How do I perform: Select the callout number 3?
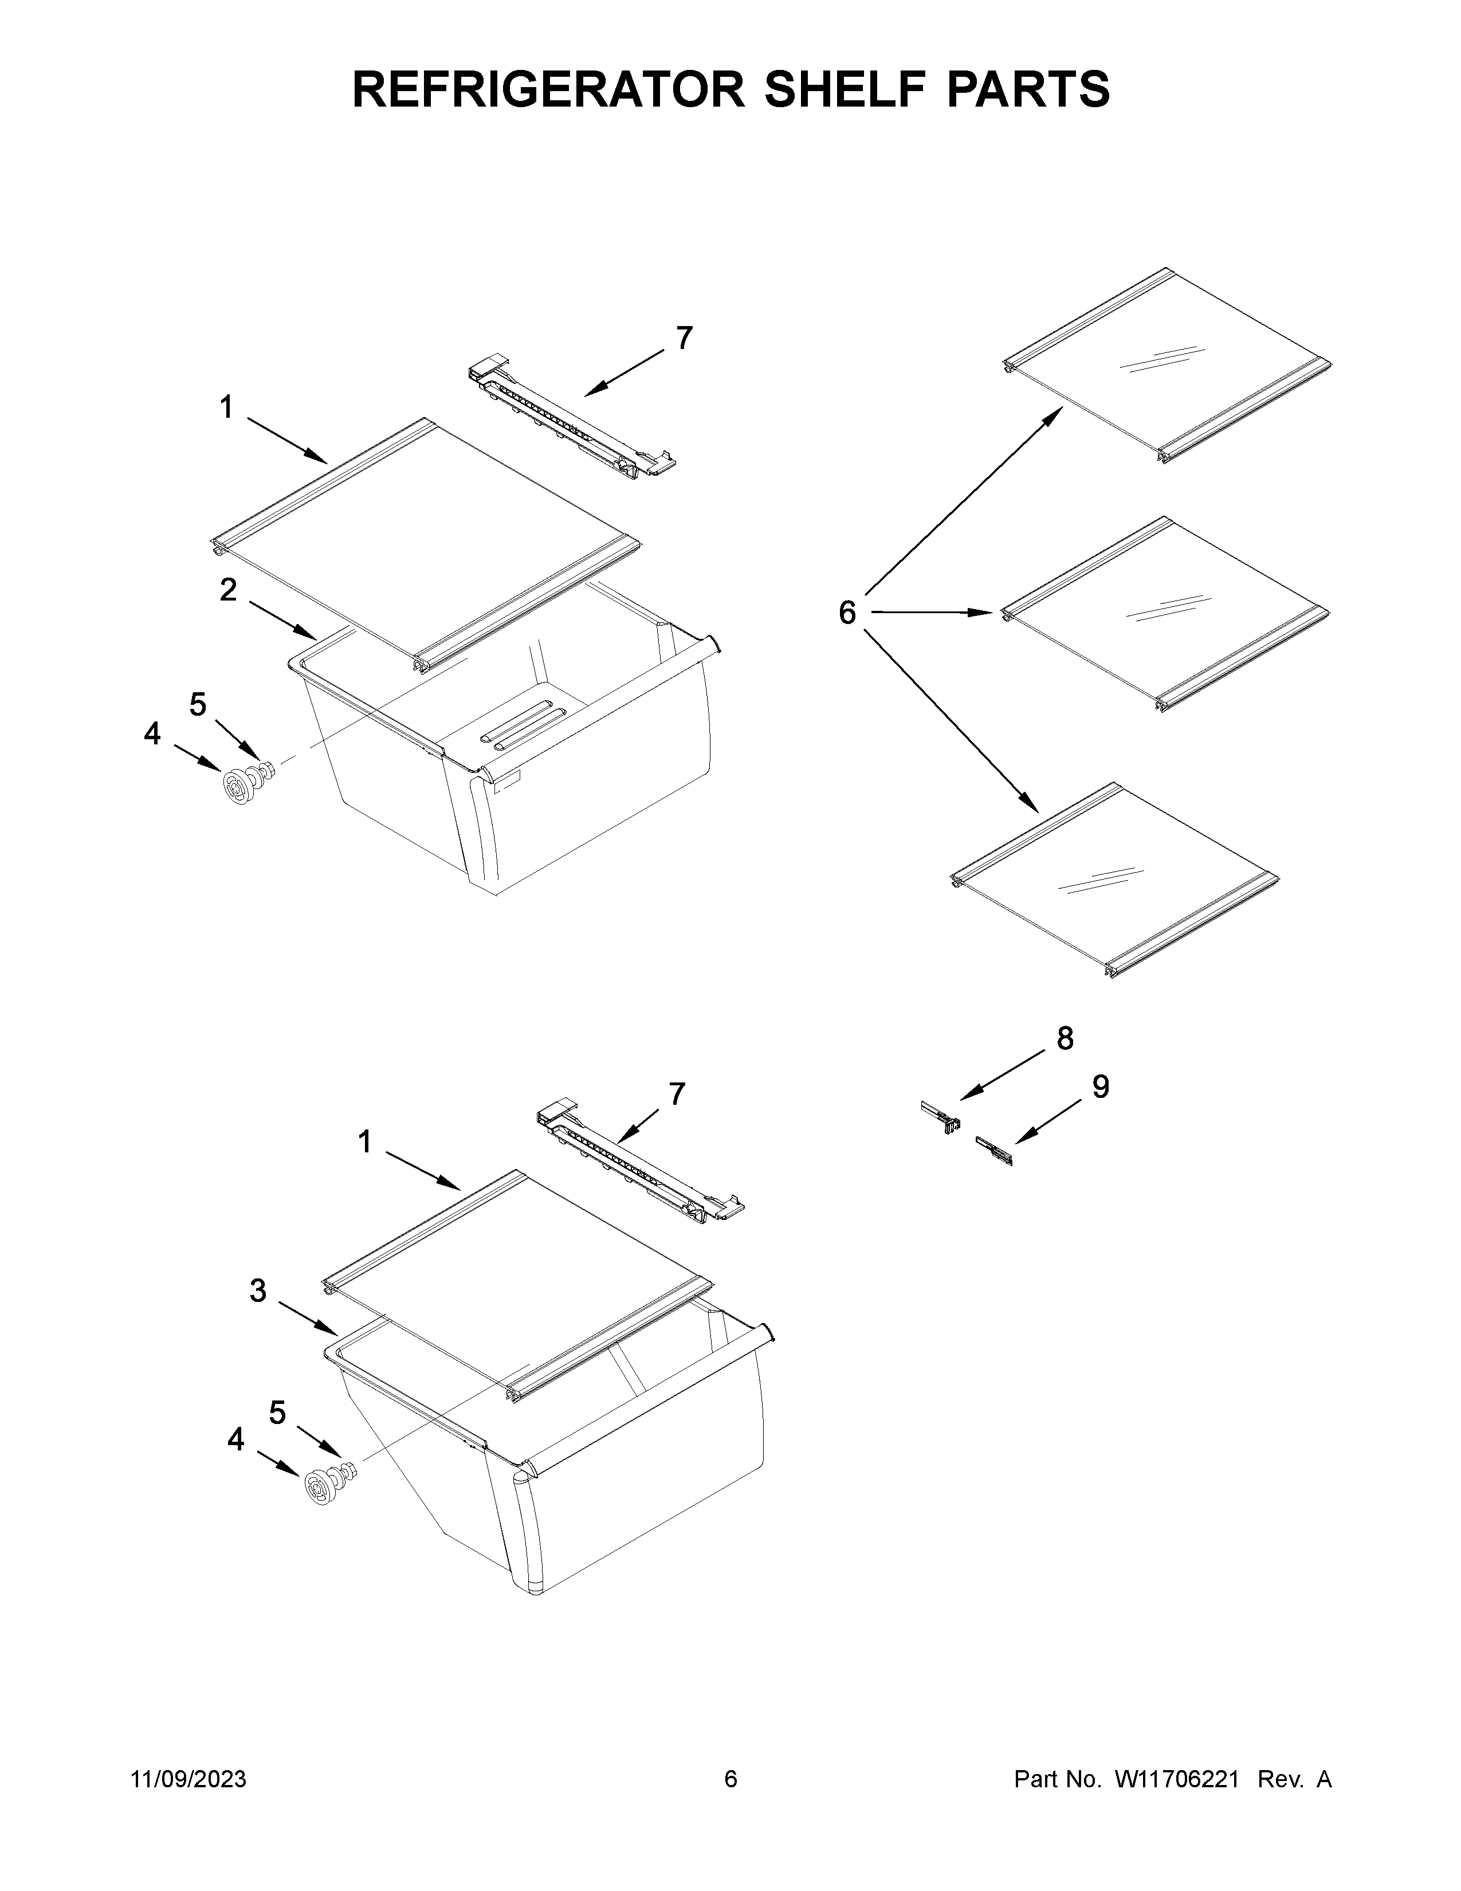point(258,1315)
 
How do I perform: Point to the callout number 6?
point(847,613)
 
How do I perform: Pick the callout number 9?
point(1100,1086)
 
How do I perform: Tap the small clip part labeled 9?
point(993,1152)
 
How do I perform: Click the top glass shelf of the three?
point(1167,367)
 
